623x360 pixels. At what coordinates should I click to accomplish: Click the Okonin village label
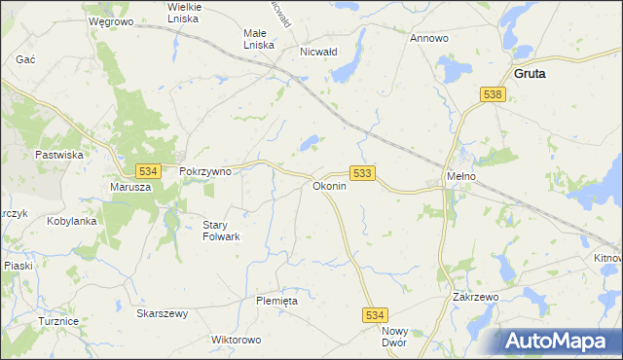329,185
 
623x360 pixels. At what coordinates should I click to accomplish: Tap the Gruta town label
530,73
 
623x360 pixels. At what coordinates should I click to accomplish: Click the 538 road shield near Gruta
493,94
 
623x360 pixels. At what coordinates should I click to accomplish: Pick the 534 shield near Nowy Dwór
376,315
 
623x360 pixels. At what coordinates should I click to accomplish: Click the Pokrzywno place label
205,170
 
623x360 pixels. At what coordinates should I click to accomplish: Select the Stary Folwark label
220,231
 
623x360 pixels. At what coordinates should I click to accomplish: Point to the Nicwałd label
318,52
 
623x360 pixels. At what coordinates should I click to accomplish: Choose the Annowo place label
428,39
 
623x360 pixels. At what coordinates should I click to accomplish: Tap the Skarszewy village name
163,313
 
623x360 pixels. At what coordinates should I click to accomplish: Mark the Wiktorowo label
237,341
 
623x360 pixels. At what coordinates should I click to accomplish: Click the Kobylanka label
71,221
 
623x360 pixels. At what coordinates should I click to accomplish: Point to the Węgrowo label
110,20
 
